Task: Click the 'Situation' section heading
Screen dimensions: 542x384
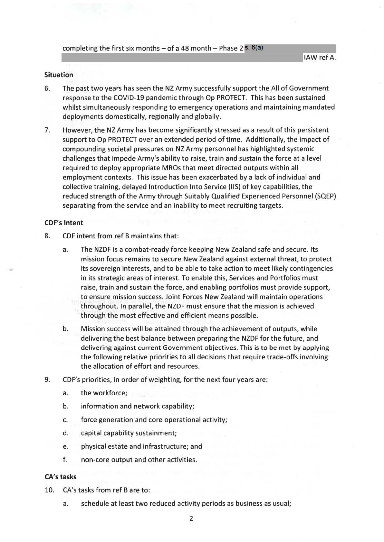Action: click(59, 75)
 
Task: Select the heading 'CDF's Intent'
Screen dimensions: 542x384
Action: click(63, 223)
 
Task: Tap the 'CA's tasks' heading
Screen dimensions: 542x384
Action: click(60, 477)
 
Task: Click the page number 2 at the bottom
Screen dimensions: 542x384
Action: click(191, 519)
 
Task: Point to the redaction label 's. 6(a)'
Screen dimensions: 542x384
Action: click(254, 48)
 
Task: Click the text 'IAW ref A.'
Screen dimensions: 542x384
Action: click(320, 58)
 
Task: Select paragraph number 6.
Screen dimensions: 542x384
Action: click(47, 88)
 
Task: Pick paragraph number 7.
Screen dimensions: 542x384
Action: click(47, 130)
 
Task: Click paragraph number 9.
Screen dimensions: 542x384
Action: click(47, 380)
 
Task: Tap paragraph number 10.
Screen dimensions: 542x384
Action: click(48, 491)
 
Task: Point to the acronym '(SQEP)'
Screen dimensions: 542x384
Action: click(324, 196)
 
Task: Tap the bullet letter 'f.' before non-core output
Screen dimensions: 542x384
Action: click(65, 460)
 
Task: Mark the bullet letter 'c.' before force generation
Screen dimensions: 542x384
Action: click(65, 420)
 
